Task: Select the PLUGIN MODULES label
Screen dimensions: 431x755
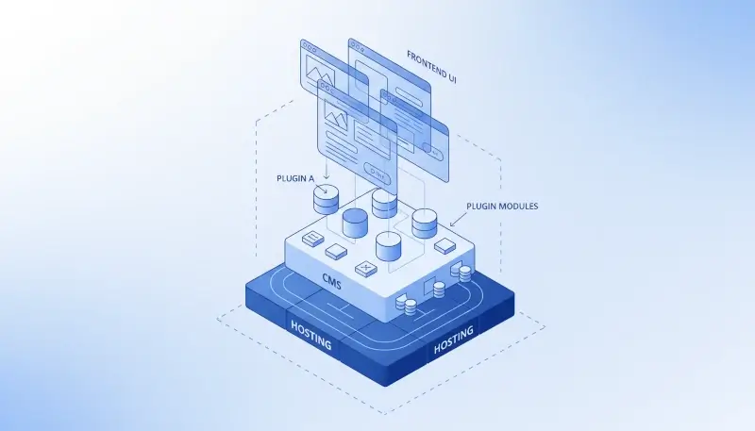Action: pyautogui.click(x=503, y=206)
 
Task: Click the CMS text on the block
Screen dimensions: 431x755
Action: pyautogui.click(x=331, y=283)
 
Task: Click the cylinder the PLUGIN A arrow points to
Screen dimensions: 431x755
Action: pyautogui.click(x=326, y=200)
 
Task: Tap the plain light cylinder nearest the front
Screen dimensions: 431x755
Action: pyautogui.click(x=390, y=247)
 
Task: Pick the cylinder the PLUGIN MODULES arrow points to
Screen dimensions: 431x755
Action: pyautogui.click(x=425, y=223)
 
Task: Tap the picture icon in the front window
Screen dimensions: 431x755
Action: pyautogui.click(x=336, y=118)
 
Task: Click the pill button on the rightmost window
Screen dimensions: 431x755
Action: pyautogui.click(x=436, y=149)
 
